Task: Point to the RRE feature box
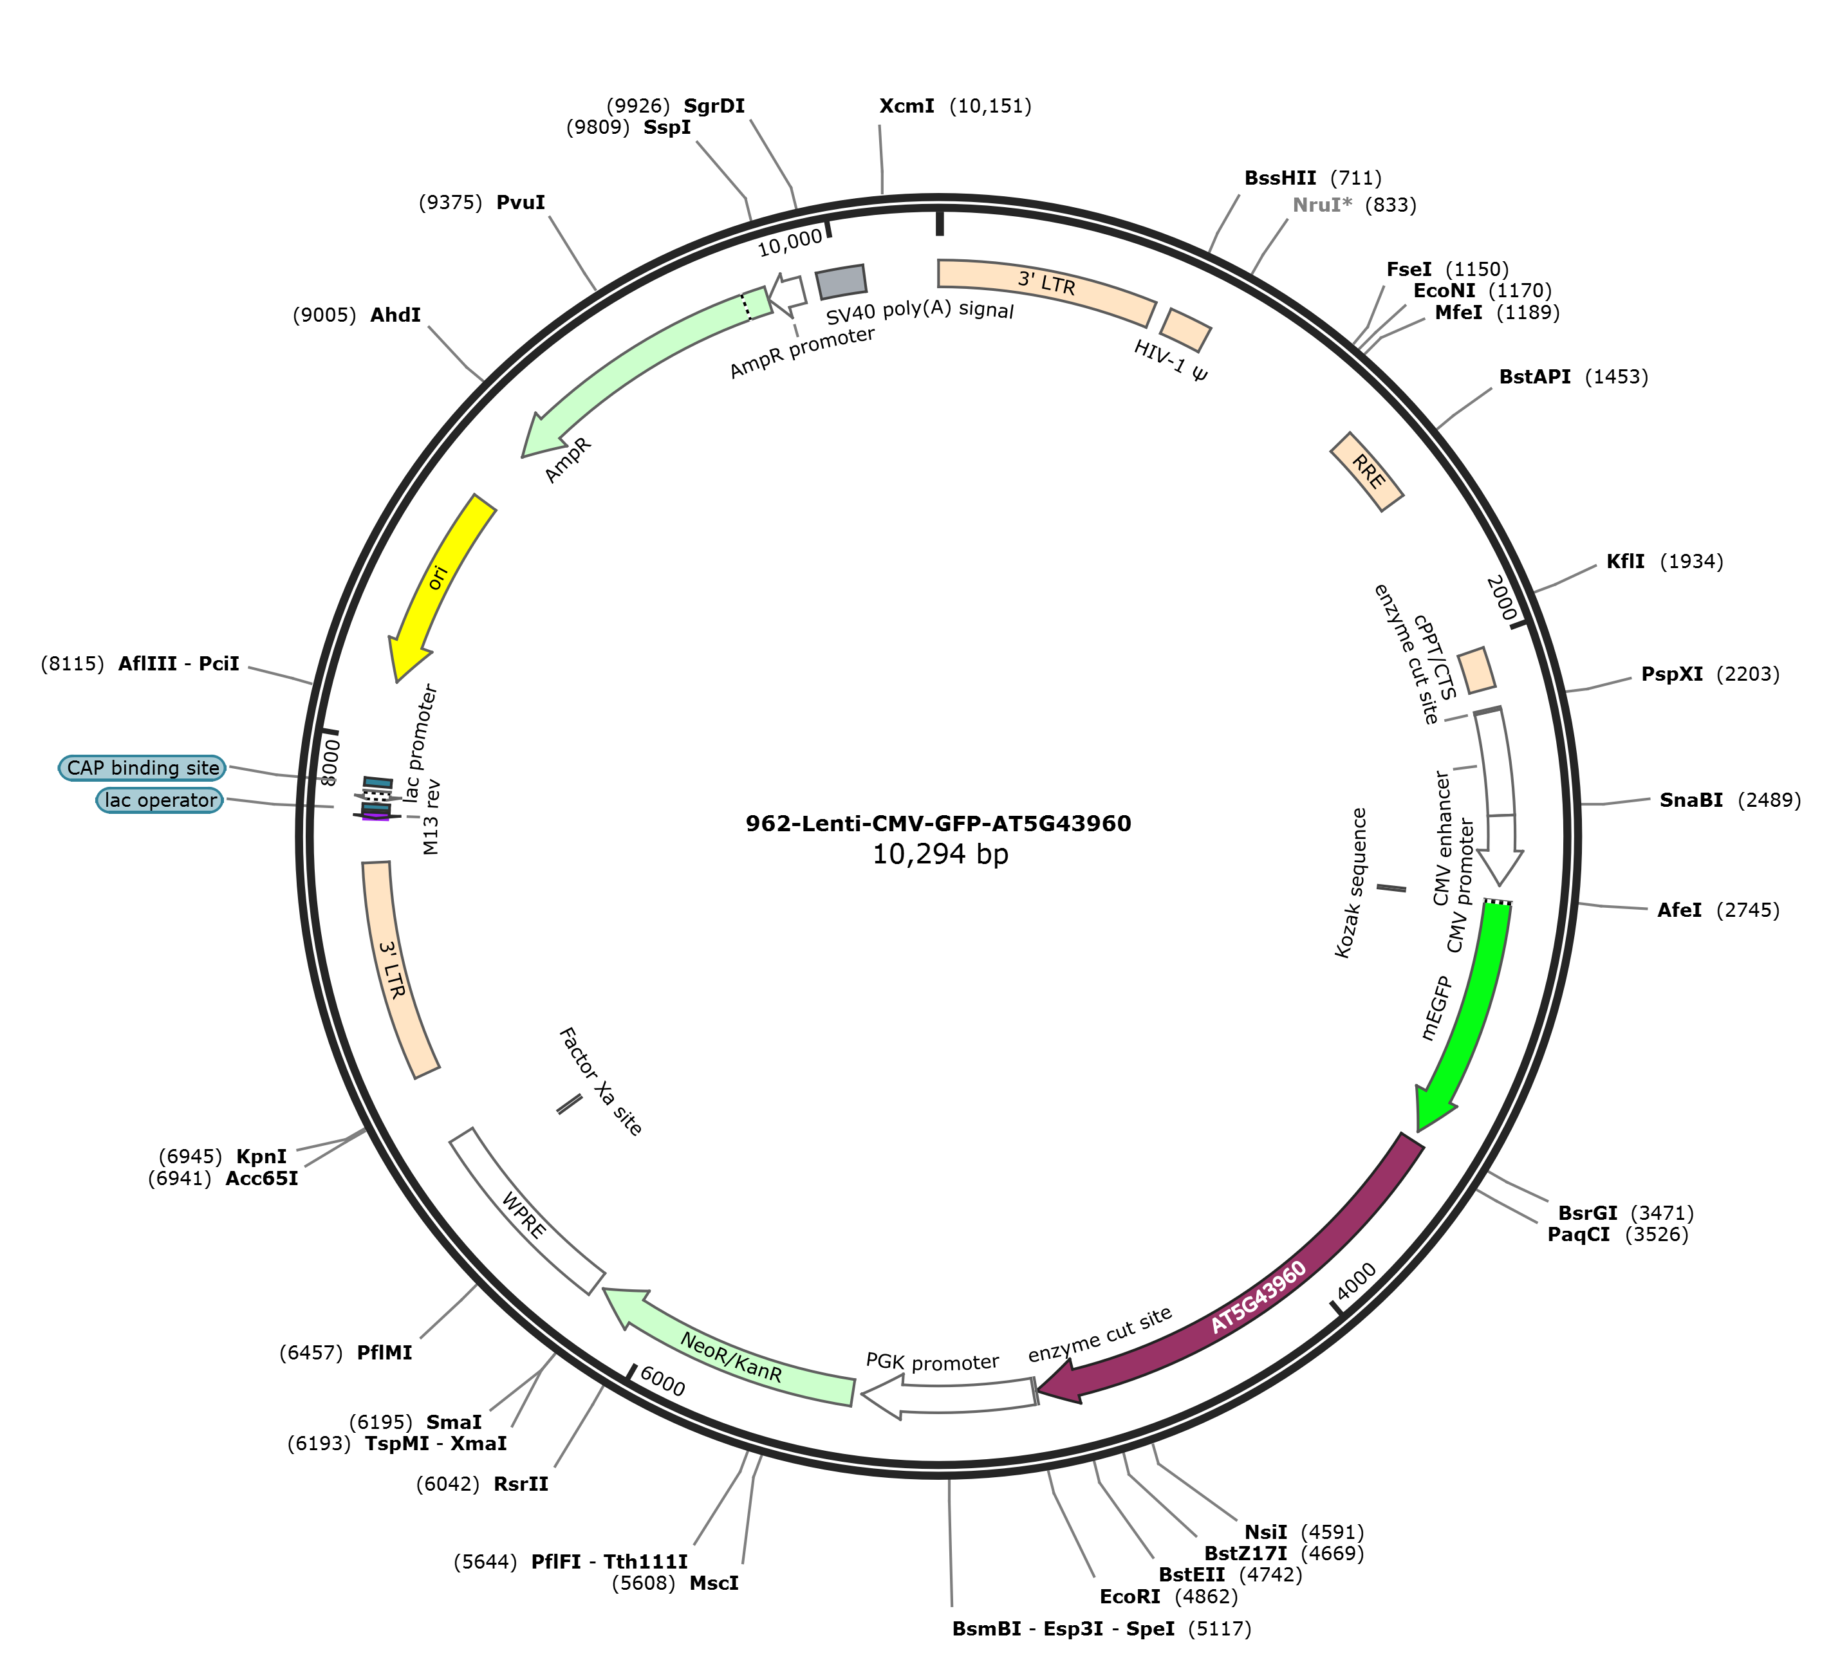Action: [x=1367, y=471]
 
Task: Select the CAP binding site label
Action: [x=143, y=768]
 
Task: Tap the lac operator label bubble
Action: [x=160, y=800]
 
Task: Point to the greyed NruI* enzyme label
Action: [x=1321, y=205]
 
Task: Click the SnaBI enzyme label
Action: [x=1691, y=800]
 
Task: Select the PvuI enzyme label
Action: [x=521, y=203]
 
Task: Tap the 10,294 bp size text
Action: [x=940, y=854]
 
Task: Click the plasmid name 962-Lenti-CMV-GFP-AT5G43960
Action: [x=938, y=824]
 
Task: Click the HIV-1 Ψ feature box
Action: [x=1185, y=329]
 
